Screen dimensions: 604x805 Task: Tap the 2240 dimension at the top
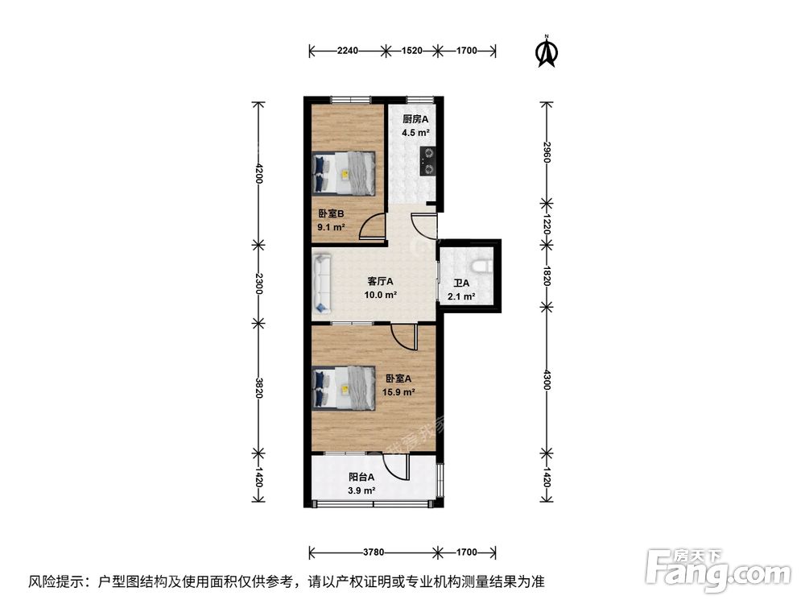click(x=347, y=52)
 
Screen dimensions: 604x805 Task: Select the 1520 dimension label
click(x=411, y=52)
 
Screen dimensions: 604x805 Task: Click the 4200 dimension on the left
click(x=258, y=173)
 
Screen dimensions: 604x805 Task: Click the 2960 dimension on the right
click(x=547, y=151)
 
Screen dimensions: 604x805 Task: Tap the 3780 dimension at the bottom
click(x=373, y=552)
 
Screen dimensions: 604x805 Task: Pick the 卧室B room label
click(x=331, y=214)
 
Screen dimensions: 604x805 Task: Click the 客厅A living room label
click(x=380, y=282)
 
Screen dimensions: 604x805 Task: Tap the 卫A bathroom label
click(x=460, y=283)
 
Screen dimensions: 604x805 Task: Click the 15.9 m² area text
click(x=400, y=392)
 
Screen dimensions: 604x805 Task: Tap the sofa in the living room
click(x=323, y=283)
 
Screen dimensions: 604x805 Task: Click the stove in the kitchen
click(x=429, y=160)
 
